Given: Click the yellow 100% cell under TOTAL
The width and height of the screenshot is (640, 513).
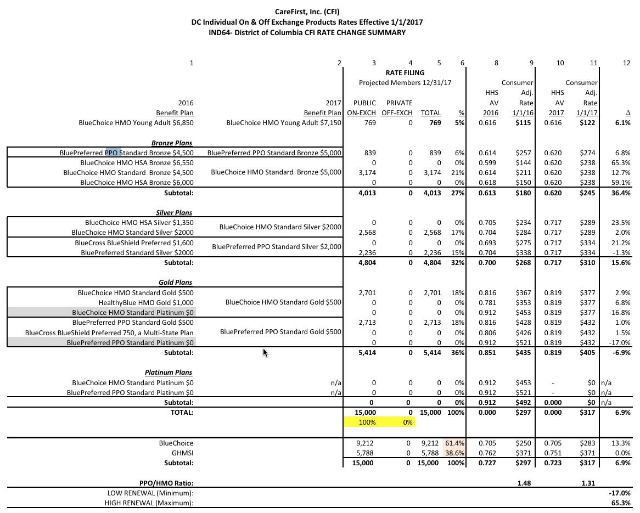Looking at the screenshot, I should pyautogui.click(x=367, y=422).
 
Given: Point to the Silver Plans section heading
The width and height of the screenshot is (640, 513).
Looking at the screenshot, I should pyautogui.click(x=174, y=212).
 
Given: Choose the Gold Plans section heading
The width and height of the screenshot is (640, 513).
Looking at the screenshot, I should pyautogui.click(x=176, y=283).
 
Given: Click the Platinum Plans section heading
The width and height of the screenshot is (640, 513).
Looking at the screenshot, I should pyautogui.click(x=169, y=373).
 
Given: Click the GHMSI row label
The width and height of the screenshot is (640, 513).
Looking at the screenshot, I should pyautogui.click(x=182, y=453).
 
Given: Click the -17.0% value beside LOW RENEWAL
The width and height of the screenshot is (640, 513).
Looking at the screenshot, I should pyautogui.click(x=620, y=493).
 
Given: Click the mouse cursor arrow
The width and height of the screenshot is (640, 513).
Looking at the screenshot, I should pyautogui.click(x=265, y=353).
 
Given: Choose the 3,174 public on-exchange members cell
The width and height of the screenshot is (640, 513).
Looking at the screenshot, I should pyautogui.click(x=367, y=173).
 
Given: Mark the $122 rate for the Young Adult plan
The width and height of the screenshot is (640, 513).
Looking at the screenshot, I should pyautogui.click(x=589, y=123).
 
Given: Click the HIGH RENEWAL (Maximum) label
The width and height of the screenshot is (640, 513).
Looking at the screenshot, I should pyautogui.click(x=149, y=503).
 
